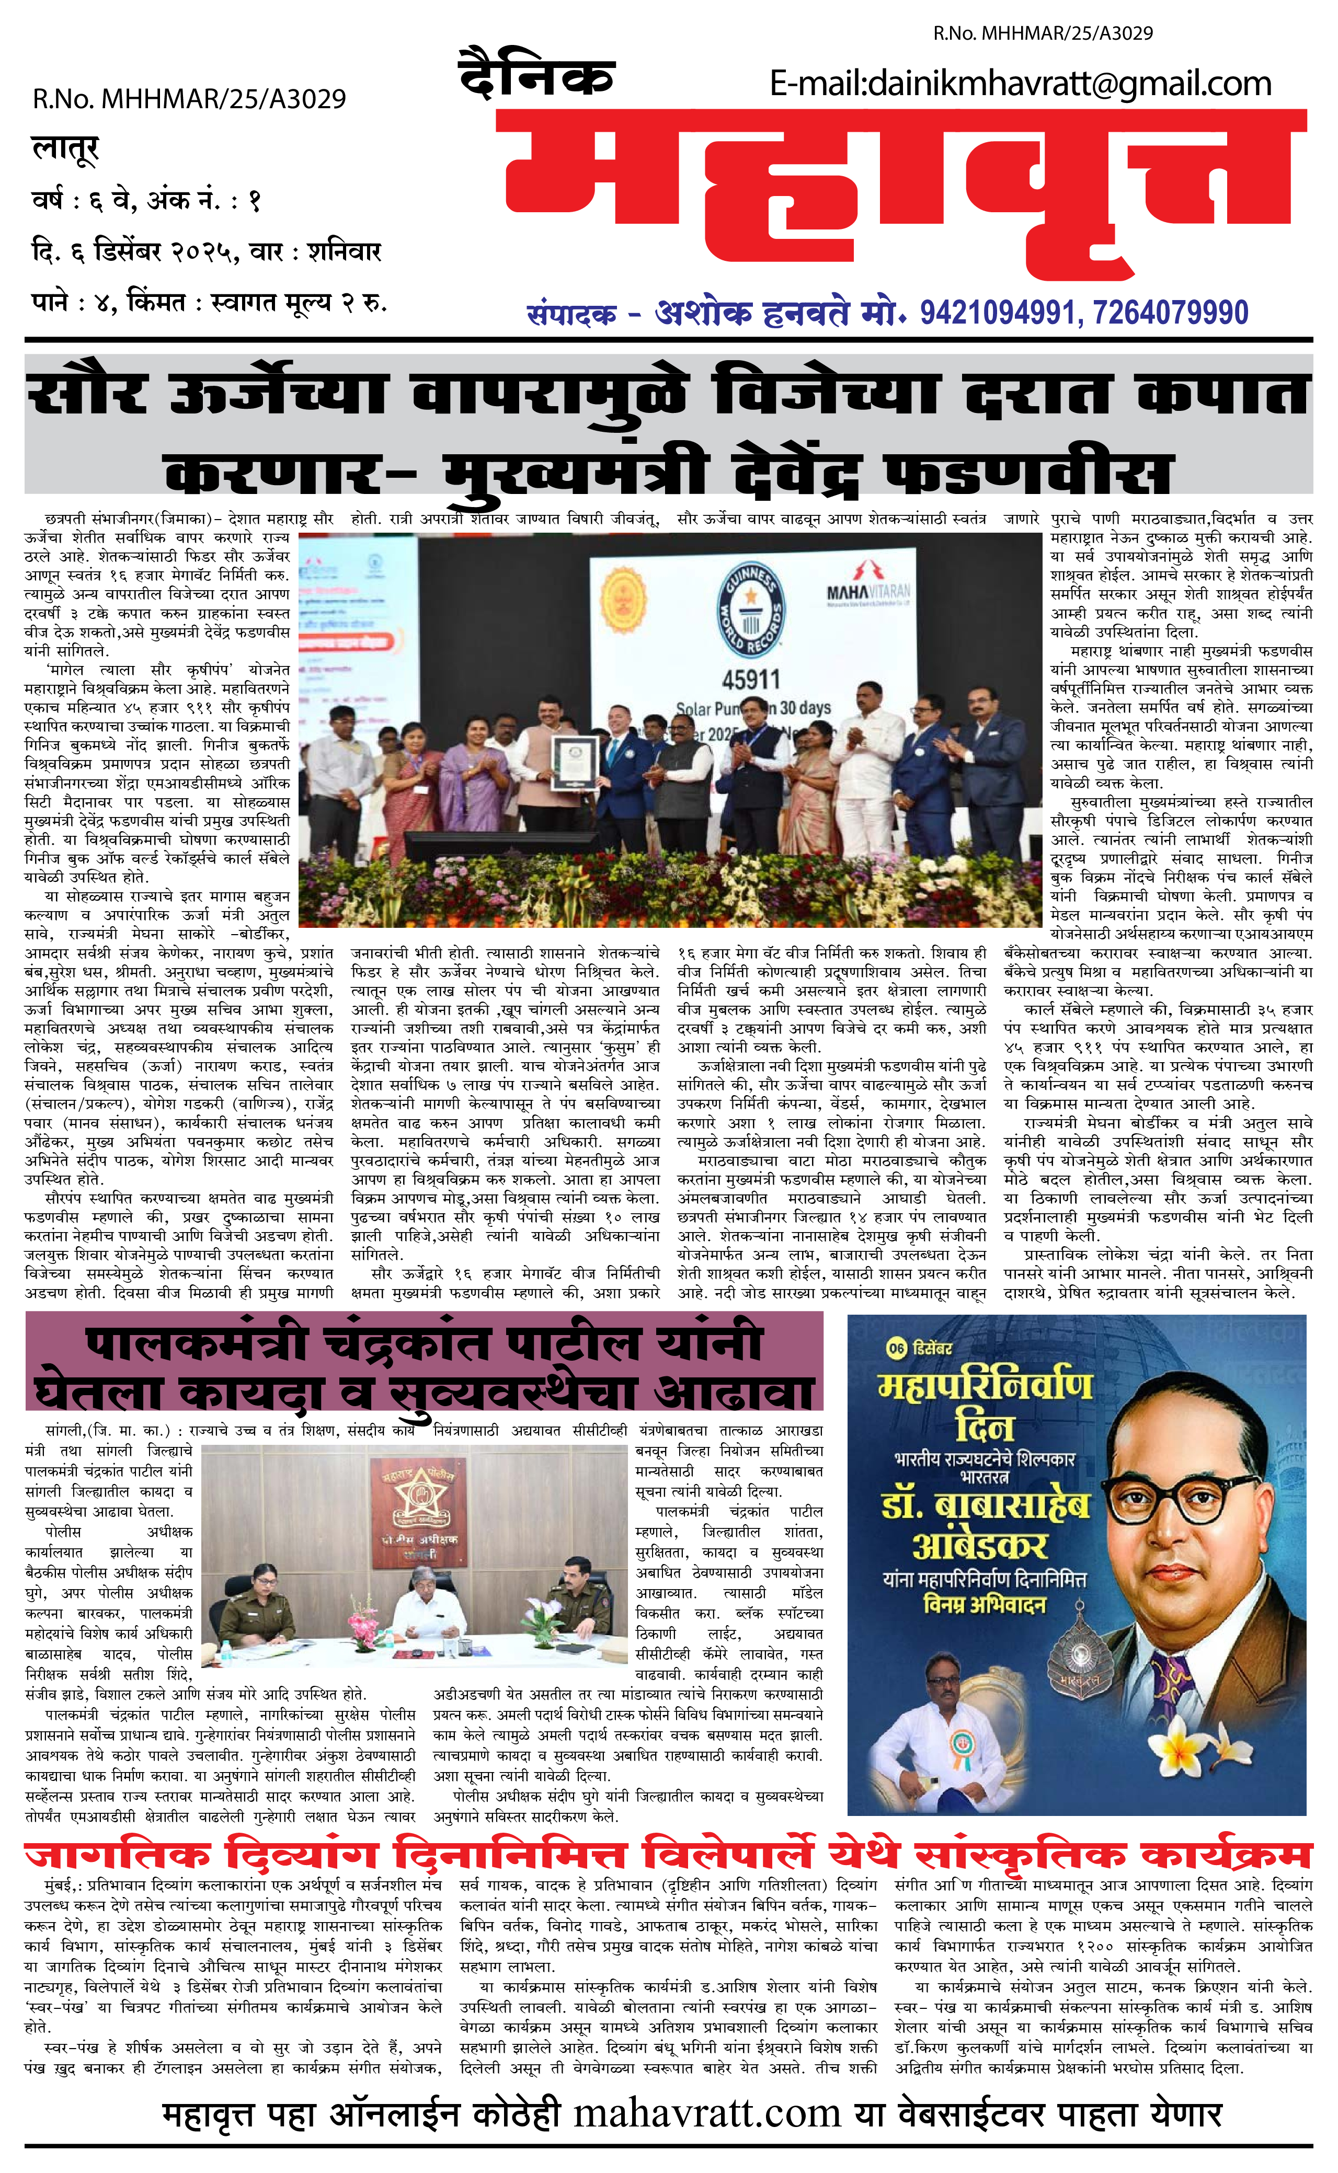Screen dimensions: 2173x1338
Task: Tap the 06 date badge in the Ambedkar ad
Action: [896, 1349]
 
